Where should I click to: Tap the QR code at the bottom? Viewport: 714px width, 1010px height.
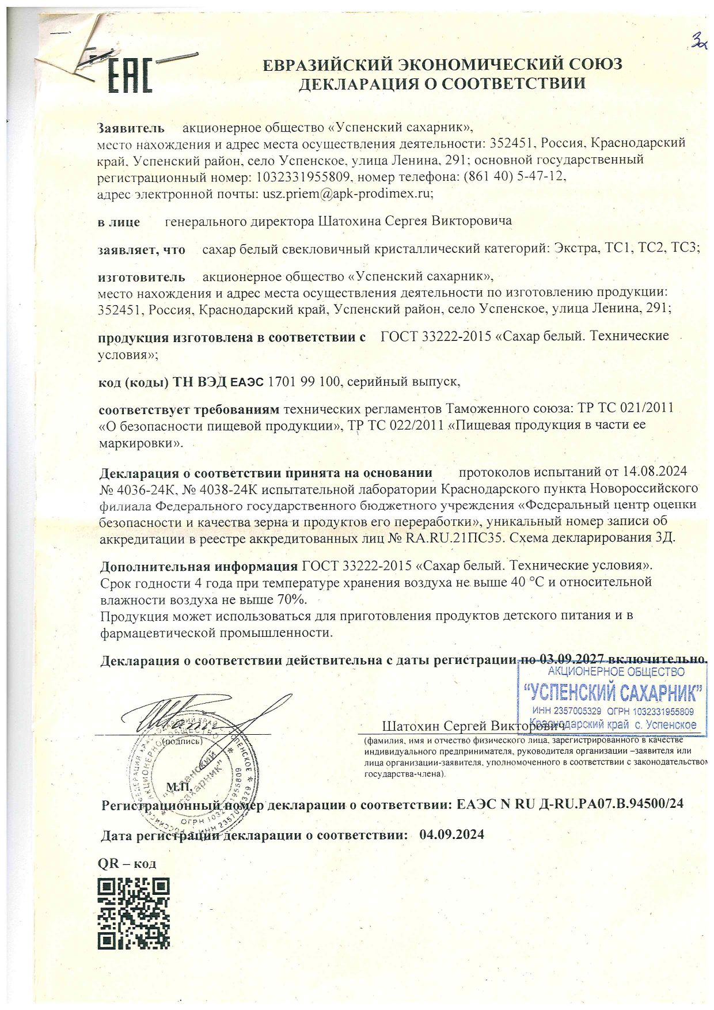(134, 913)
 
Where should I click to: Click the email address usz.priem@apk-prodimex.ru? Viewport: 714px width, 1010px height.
(348, 194)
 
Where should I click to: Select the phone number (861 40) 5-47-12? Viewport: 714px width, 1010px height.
(514, 177)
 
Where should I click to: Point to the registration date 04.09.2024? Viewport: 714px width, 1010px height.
(452, 834)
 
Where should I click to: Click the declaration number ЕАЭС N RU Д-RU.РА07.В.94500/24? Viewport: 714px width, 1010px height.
(570, 804)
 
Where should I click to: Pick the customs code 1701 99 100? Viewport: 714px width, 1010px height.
(305, 381)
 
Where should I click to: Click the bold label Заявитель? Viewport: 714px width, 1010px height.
(131, 127)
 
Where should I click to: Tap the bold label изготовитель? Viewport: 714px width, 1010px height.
(142, 277)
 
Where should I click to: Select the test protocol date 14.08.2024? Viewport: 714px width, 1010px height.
(655, 472)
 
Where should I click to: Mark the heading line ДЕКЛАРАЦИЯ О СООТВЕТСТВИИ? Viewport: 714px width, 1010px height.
(442, 83)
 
